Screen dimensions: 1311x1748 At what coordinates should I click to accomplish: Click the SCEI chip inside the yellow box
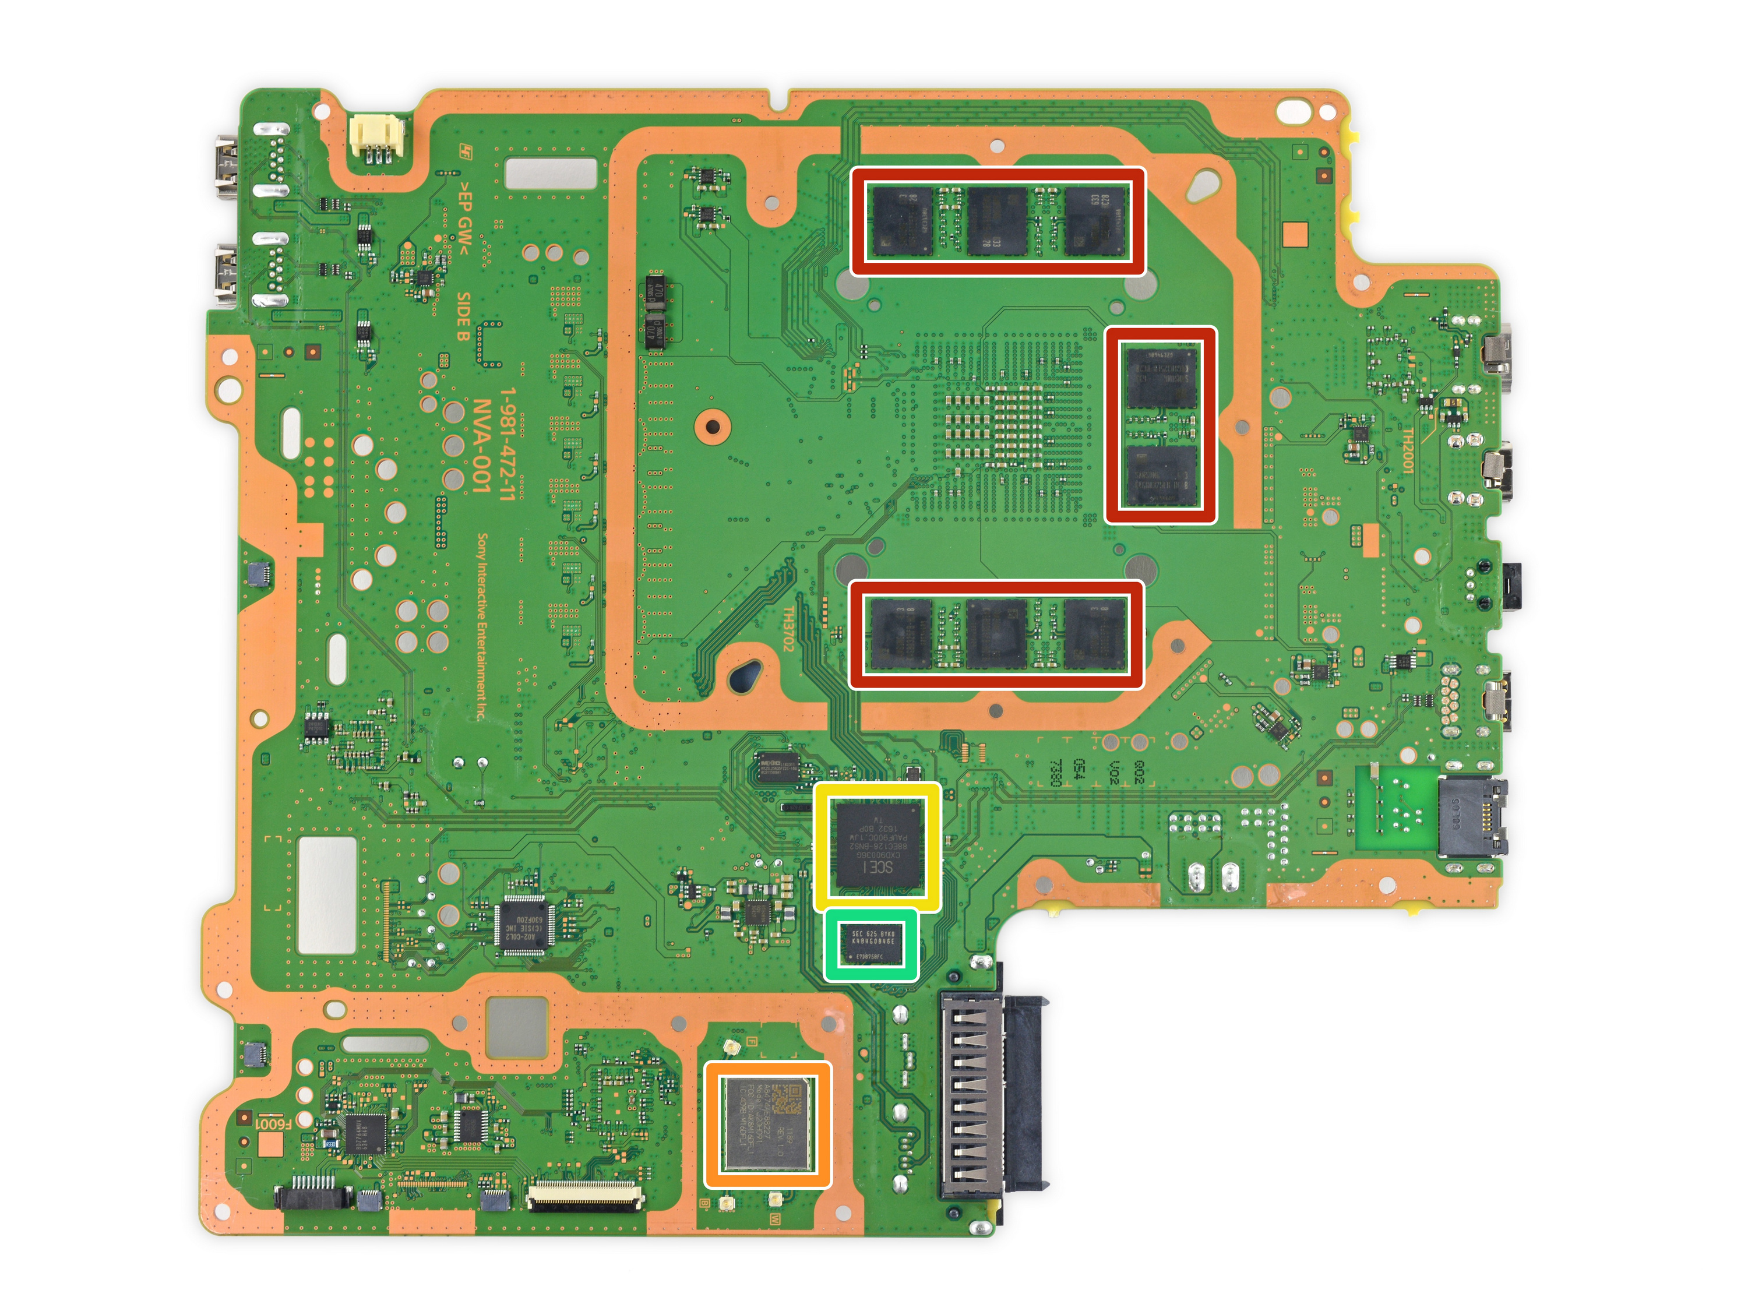pos(879,845)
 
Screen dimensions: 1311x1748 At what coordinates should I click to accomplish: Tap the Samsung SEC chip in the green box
pos(872,945)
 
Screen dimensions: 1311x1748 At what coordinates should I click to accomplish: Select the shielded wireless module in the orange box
pos(767,1124)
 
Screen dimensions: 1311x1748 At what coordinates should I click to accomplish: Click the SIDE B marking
pos(464,315)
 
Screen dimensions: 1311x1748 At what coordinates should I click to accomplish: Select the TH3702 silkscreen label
pos(788,628)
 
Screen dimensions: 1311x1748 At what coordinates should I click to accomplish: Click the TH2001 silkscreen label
pos(1407,450)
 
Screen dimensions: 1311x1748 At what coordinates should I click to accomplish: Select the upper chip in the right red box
pos(1161,378)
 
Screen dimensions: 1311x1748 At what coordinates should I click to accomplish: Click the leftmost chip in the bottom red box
pos(901,634)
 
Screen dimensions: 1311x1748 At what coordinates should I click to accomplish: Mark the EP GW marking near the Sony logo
pos(464,218)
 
